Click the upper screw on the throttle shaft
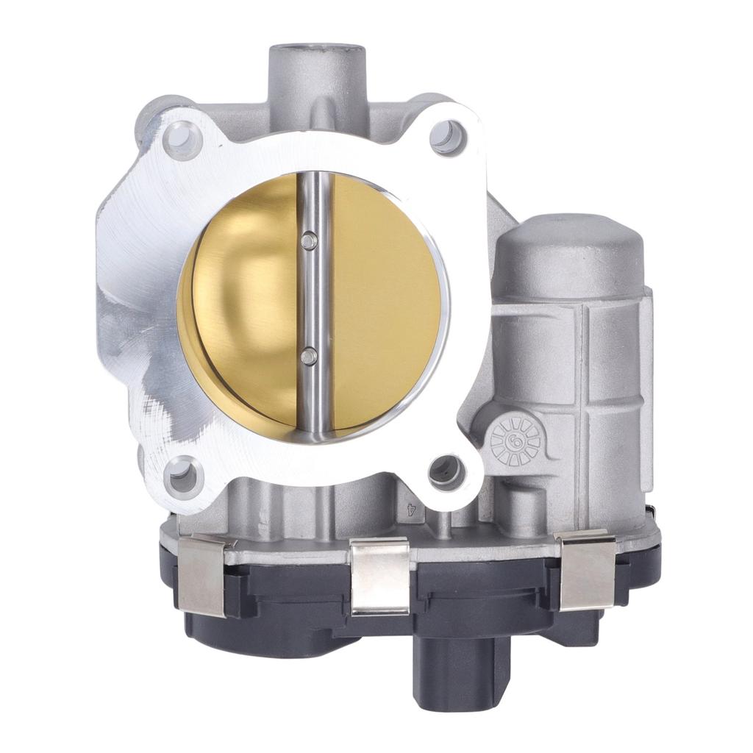310,239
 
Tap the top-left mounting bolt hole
182,140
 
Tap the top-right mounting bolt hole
449,137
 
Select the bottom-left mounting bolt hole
181,477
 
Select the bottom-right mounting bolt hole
447,473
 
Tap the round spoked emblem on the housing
515,441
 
